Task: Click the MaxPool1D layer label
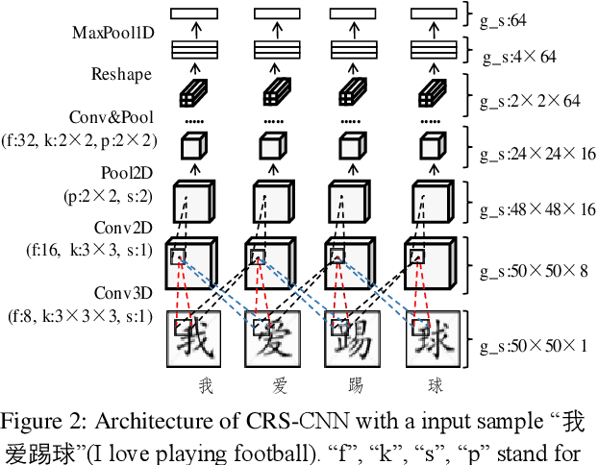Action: pos(112,33)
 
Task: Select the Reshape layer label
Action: pos(115,74)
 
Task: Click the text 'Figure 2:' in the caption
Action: pos(42,424)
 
